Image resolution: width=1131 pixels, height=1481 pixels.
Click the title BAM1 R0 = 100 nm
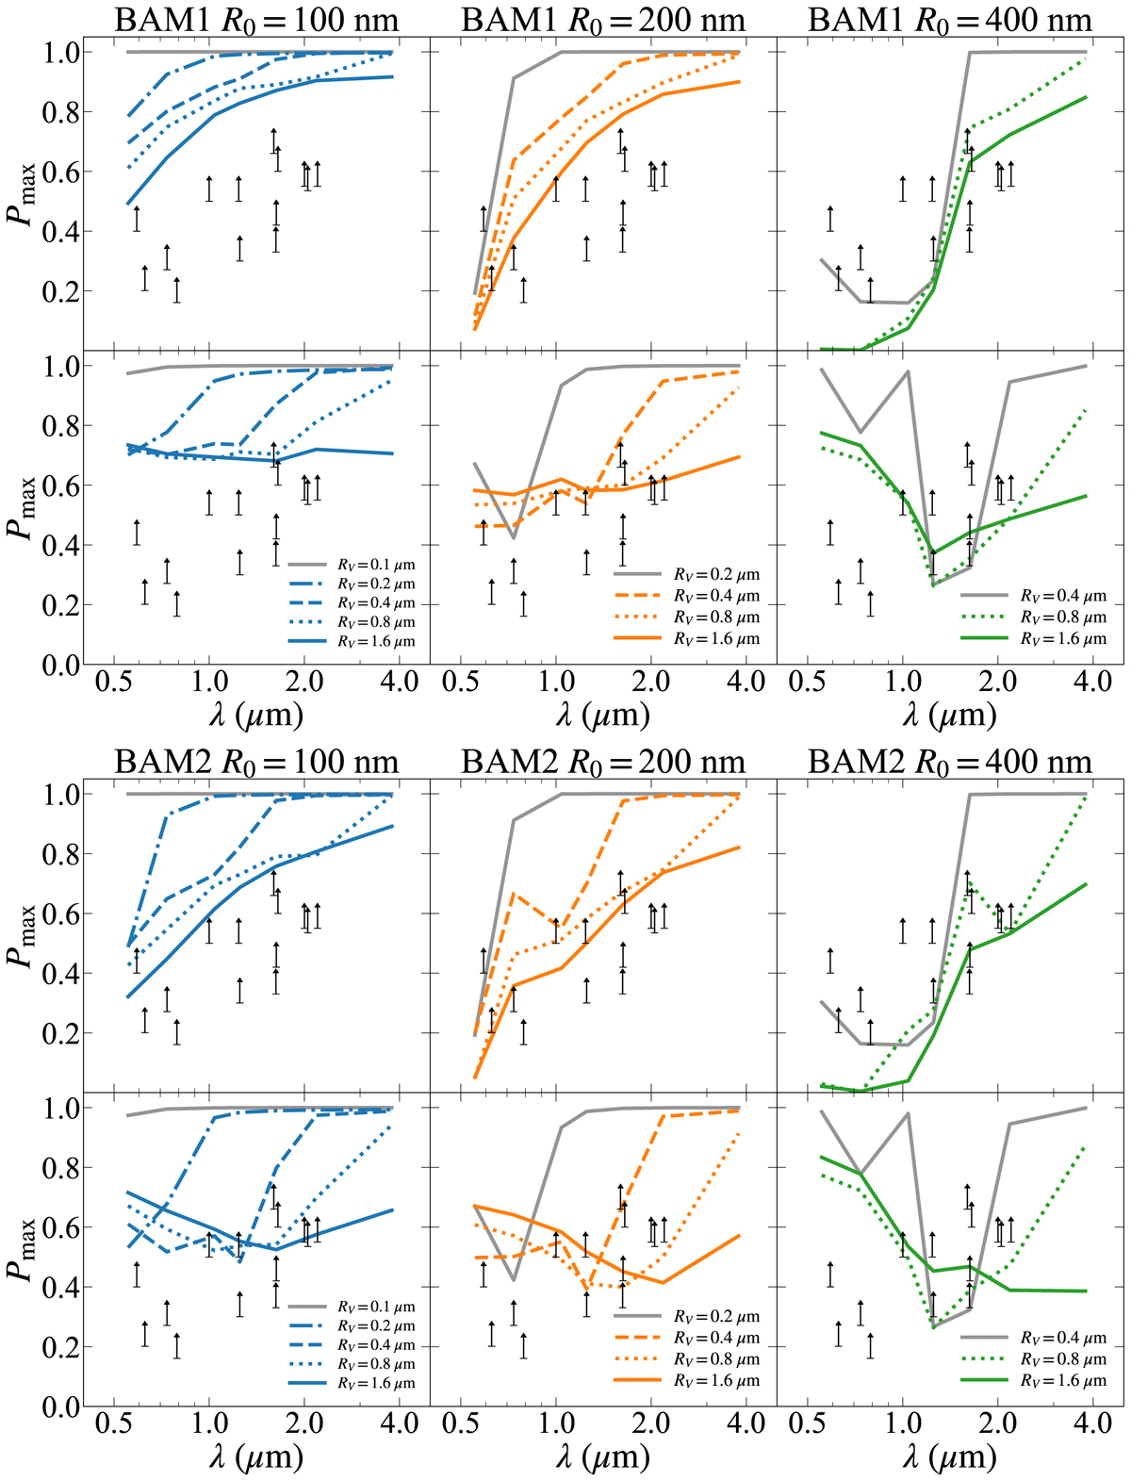point(256,20)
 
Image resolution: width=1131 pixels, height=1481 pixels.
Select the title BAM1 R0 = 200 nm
point(603,20)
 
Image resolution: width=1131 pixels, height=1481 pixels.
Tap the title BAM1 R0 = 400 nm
point(950,20)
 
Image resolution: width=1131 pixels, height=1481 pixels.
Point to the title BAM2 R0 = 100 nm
point(256,762)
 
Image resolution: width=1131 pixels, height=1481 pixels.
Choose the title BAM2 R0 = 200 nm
point(603,762)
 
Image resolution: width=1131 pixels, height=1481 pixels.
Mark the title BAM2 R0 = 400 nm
point(950,762)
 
